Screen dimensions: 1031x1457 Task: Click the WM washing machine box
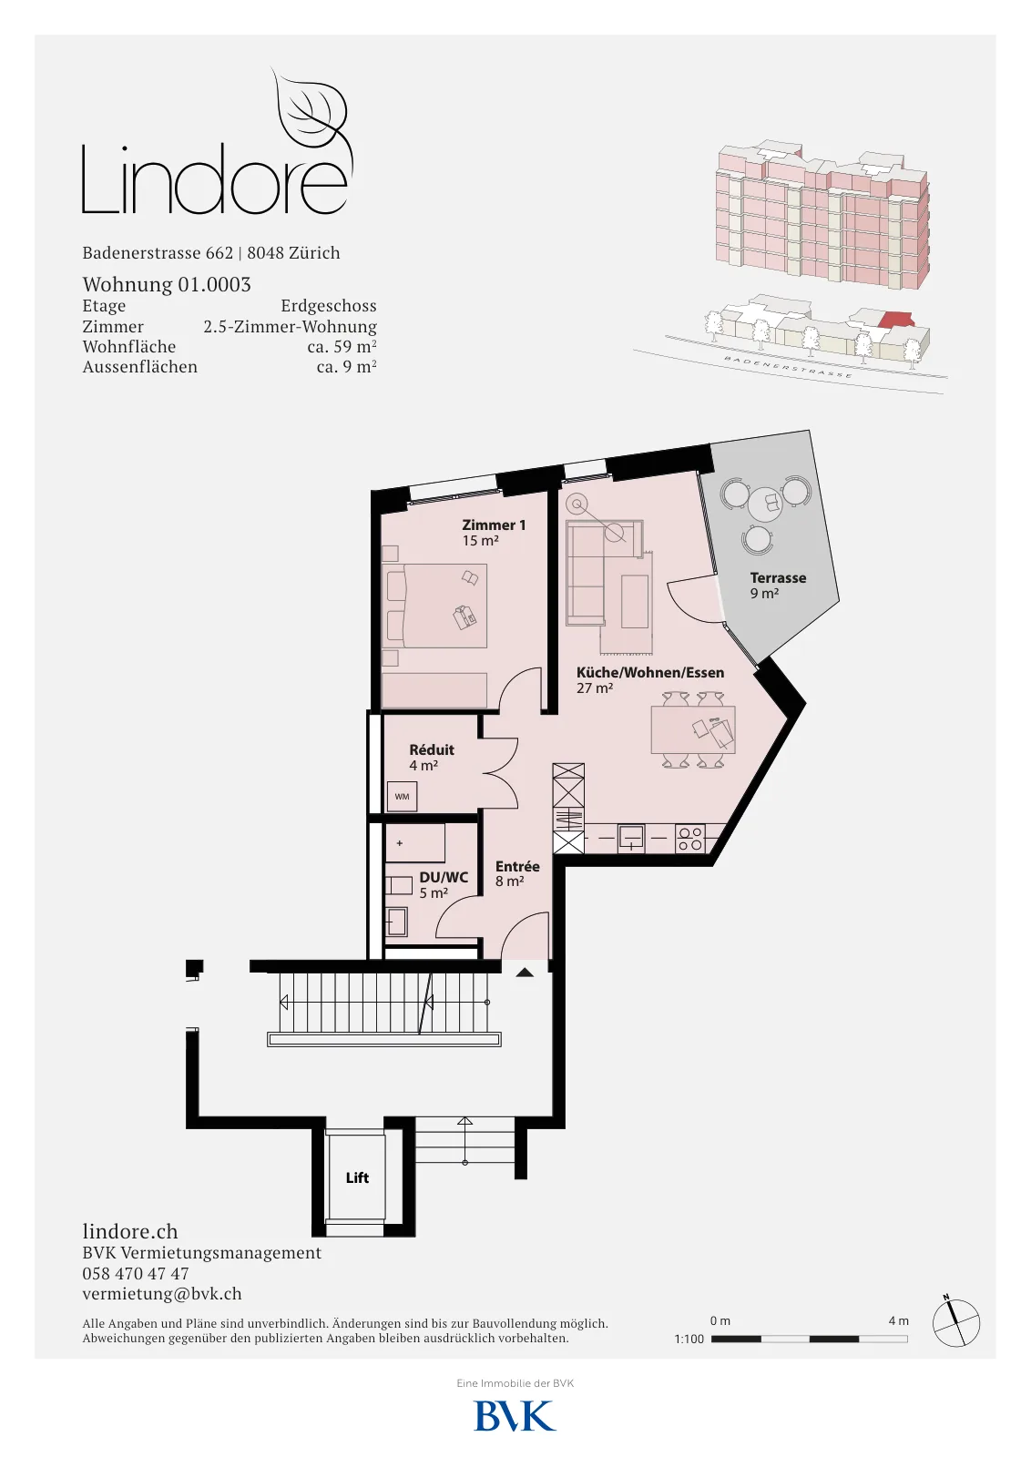click(402, 797)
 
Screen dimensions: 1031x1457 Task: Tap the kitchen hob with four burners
click(690, 839)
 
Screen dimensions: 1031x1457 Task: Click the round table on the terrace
click(765, 504)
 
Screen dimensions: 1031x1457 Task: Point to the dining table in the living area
click(693, 729)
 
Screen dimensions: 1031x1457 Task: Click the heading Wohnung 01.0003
click(167, 284)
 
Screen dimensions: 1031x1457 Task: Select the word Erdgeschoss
click(329, 306)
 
